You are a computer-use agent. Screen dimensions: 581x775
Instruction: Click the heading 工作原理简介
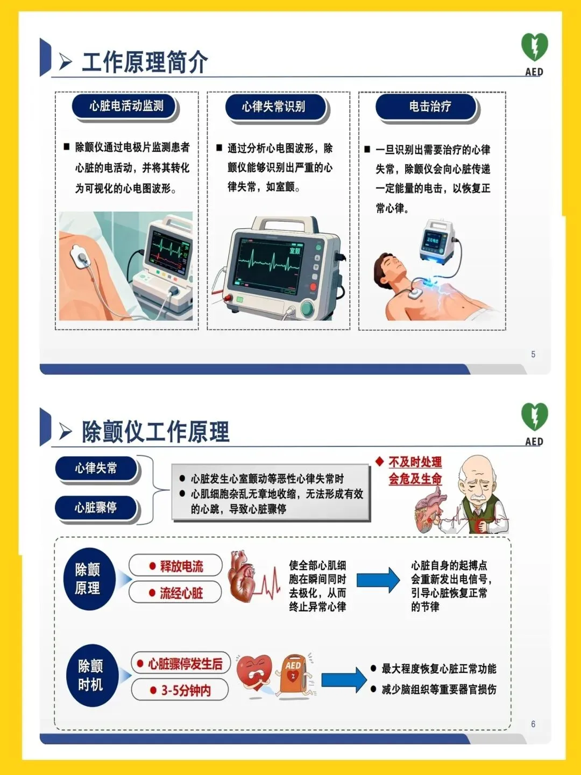tap(145, 62)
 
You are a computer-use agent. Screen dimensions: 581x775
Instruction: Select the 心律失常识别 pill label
tap(275, 107)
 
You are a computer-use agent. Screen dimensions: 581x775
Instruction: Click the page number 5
tap(533, 354)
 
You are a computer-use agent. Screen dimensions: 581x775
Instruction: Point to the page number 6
tap(533, 724)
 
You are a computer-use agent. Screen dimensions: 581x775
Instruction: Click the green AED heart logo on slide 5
tap(534, 47)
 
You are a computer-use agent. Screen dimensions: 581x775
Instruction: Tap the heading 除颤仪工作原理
tap(155, 432)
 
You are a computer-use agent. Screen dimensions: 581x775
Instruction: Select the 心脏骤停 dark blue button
tap(96, 508)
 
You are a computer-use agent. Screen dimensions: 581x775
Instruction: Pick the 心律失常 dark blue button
tap(96, 468)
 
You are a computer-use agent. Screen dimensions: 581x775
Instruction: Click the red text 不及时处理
tap(415, 462)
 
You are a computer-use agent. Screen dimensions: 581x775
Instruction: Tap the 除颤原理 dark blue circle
tap(90, 579)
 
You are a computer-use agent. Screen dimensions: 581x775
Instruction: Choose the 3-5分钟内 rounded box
tap(180, 689)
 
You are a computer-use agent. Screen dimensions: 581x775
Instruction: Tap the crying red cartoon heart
tap(253, 675)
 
